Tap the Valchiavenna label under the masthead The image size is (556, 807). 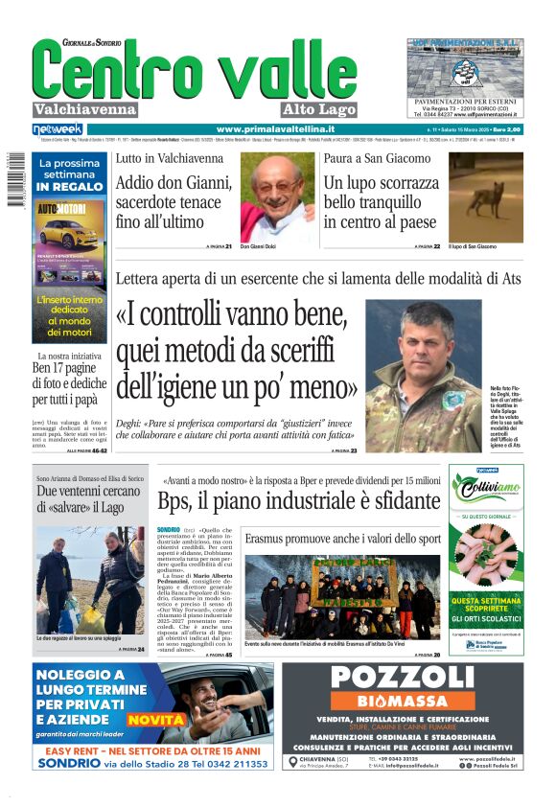coord(85,109)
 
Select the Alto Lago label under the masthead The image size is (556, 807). coord(319,109)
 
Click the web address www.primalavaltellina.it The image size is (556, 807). coord(275,129)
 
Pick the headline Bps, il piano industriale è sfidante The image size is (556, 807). coord(299,501)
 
